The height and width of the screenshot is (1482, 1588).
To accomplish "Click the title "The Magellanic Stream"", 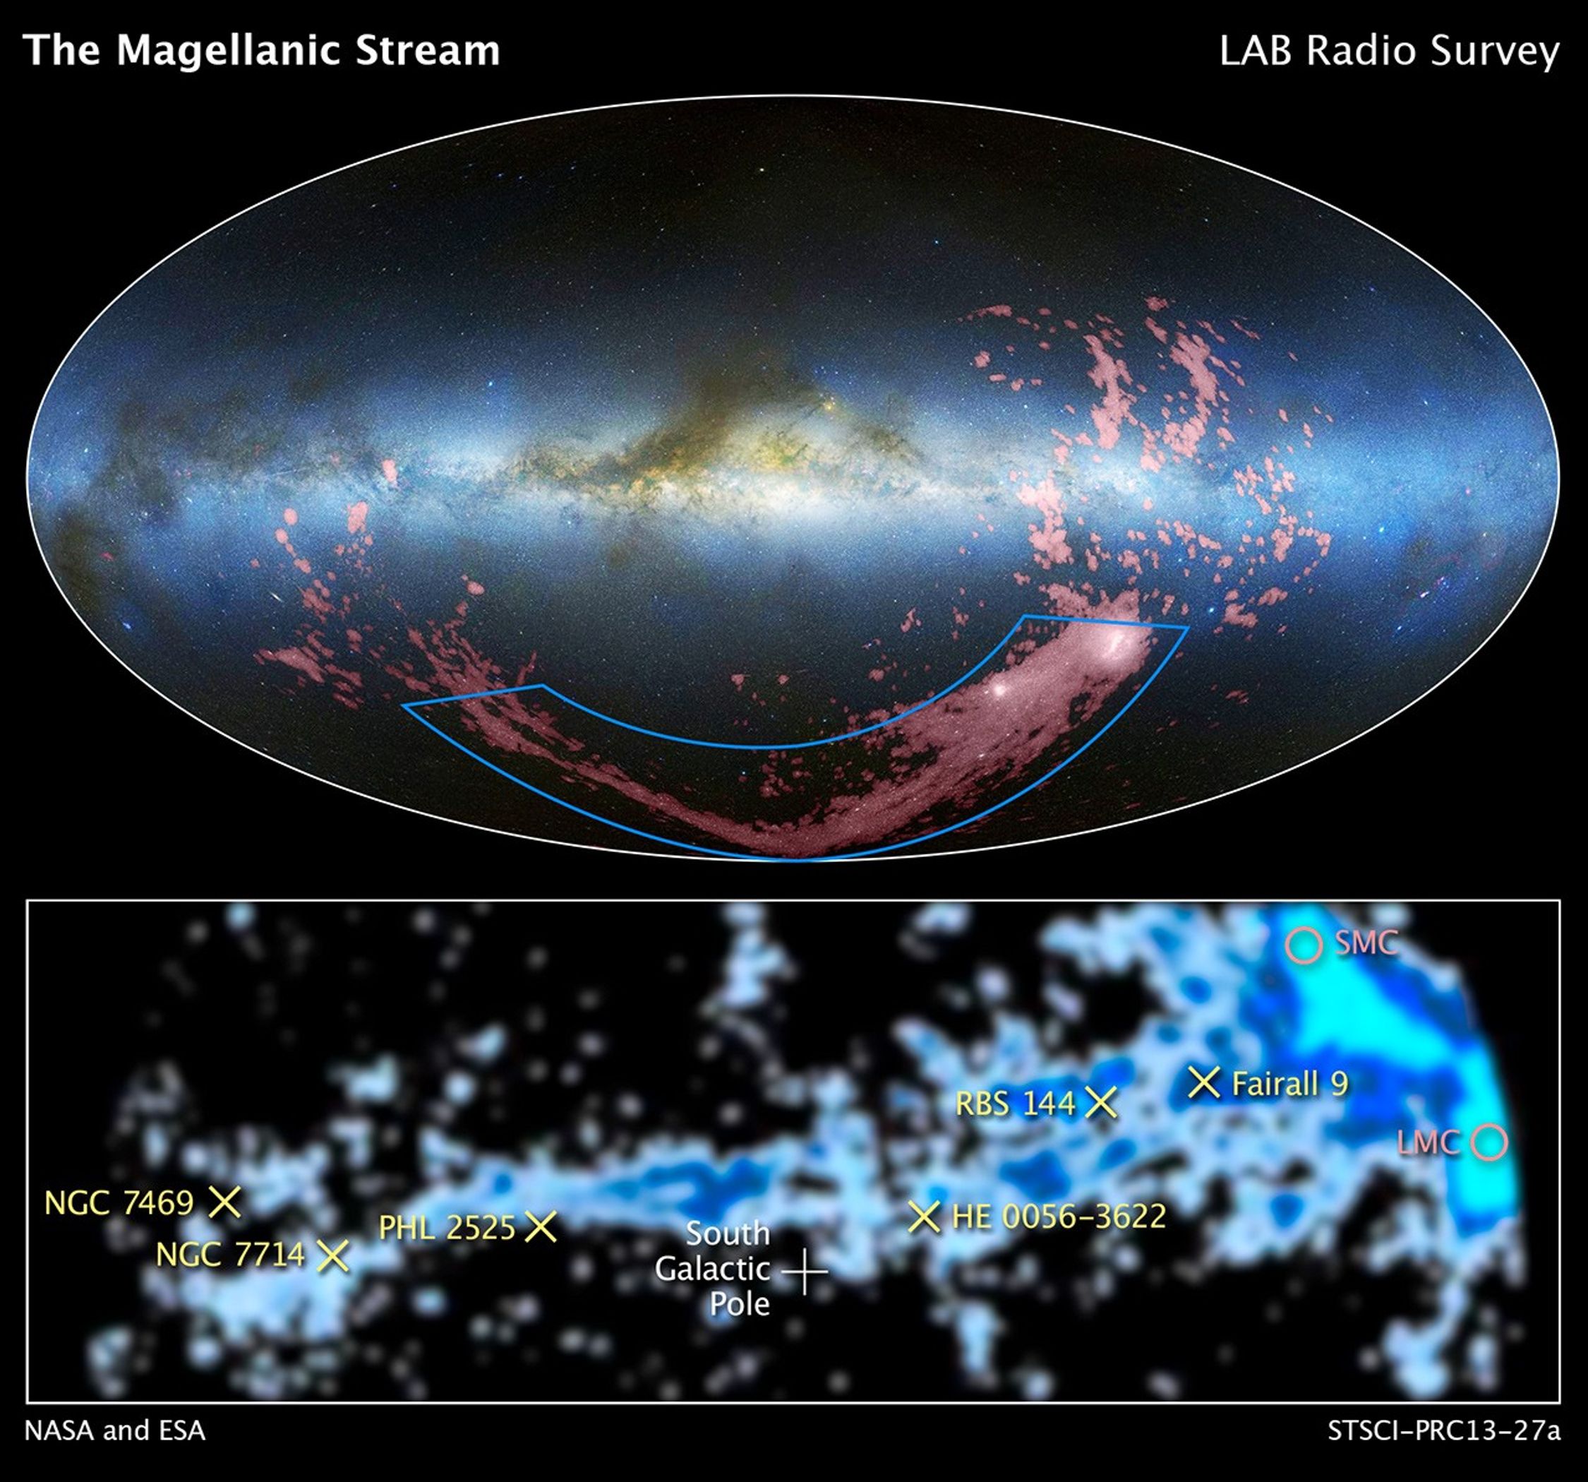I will click(262, 50).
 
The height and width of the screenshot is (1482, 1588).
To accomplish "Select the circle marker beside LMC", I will click(1490, 1142).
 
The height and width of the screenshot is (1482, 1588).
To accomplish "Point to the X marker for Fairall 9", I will click(1204, 1082).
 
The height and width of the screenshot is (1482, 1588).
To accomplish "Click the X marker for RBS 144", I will click(1102, 1103).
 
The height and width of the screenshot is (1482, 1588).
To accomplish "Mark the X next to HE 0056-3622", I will click(923, 1217).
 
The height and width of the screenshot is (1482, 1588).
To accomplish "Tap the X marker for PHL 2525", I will click(541, 1226).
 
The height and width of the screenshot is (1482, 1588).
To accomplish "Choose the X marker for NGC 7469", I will click(224, 1201).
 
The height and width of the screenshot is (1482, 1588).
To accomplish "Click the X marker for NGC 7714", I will click(333, 1255).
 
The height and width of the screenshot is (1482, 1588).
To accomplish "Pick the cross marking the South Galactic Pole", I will click(805, 1269).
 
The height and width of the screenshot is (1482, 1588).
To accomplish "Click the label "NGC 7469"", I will click(119, 1202).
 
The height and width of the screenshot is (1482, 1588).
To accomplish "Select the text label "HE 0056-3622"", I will click(1059, 1217).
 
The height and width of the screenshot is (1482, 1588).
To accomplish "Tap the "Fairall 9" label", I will click(1290, 1084).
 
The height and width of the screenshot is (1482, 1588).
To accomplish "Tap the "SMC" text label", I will click(1366, 943).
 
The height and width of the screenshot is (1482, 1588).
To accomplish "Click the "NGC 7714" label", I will click(230, 1255).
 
